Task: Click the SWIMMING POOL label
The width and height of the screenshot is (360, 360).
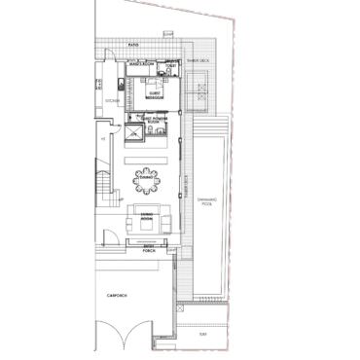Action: point(206,205)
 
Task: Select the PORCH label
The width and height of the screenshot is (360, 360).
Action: point(149,250)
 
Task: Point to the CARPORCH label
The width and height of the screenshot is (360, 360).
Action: point(119,293)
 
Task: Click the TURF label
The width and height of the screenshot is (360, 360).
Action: point(202,335)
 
